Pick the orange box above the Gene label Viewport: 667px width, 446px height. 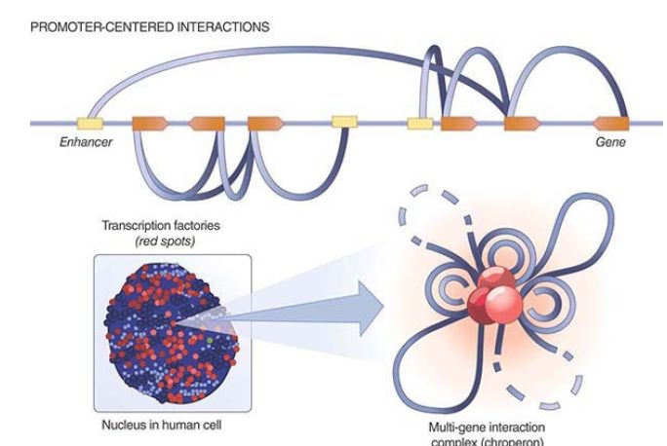[x=611, y=124]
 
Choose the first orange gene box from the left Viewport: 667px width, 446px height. [x=150, y=124]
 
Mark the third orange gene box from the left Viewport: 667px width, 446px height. [x=265, y=124]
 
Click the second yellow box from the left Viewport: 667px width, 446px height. [x=344, y=123]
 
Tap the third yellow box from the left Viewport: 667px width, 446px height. [x=420, y=124]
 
